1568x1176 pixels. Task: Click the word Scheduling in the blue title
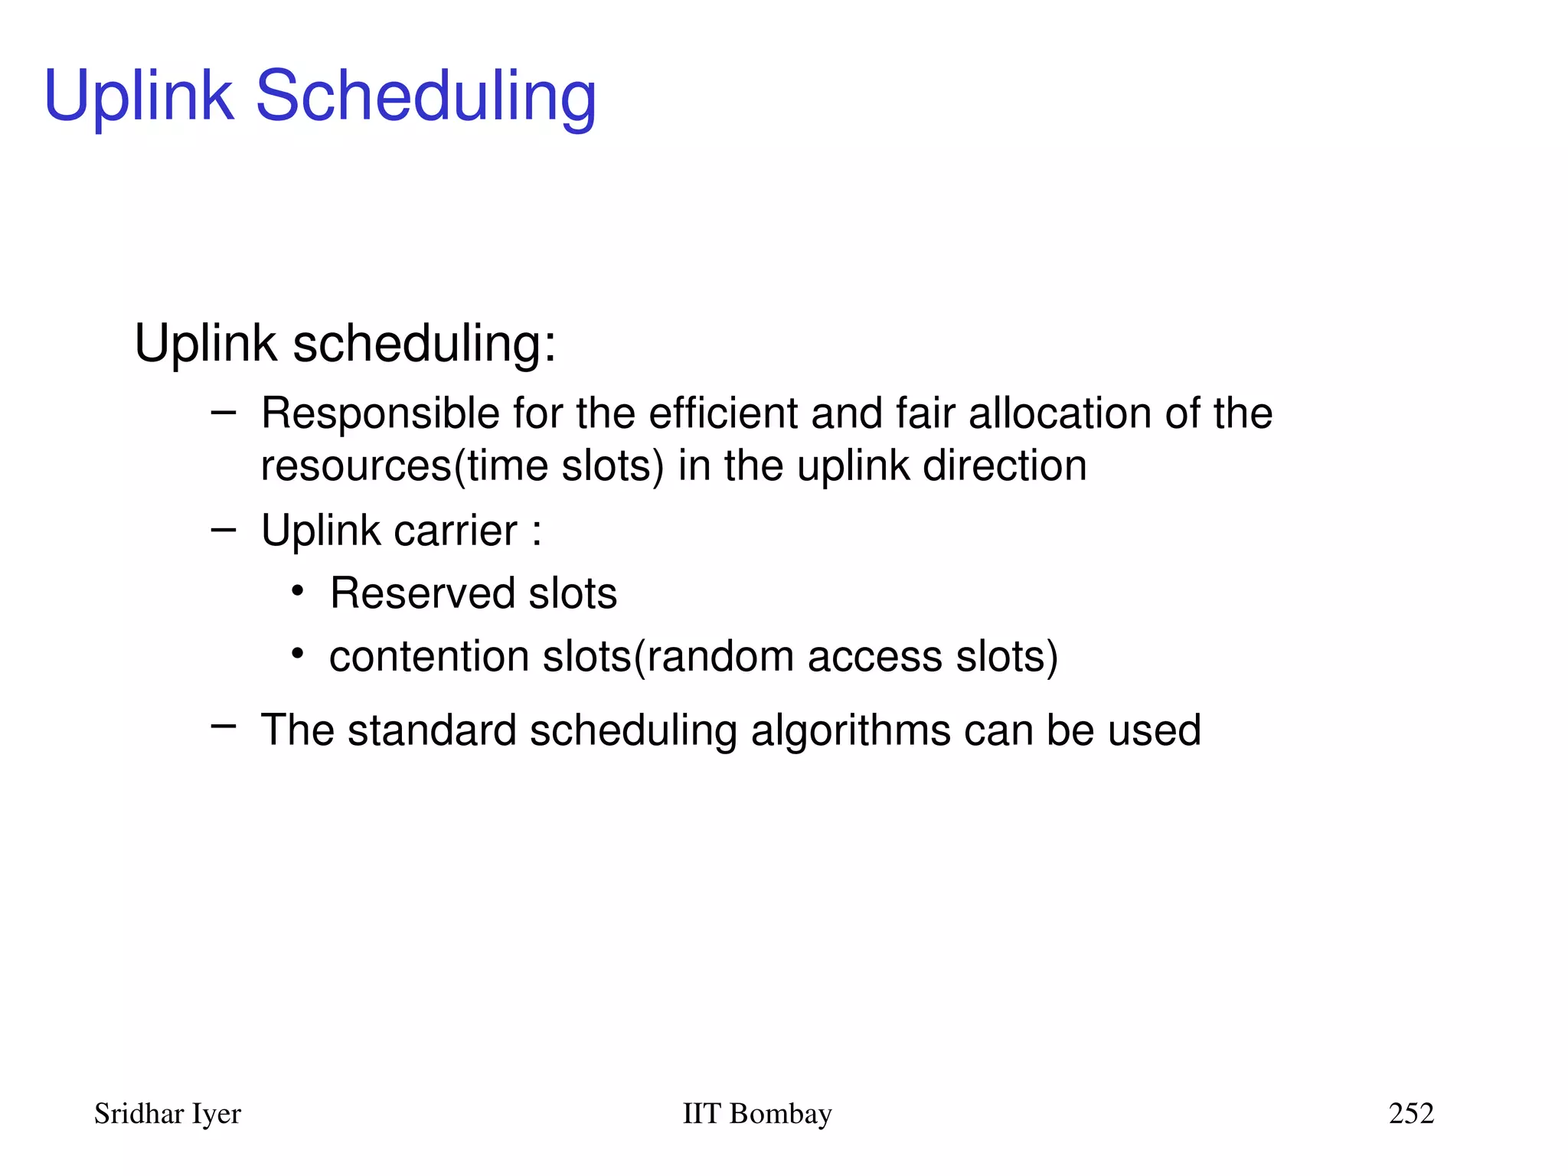[425, 96]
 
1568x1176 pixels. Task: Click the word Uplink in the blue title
[139, 96]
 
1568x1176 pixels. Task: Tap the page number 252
[1411, 1113]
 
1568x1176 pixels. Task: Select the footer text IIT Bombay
[756, 1113]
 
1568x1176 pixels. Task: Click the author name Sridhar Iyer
[167, 1113]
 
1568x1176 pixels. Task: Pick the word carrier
[455, 531]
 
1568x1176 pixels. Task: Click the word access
[874, 657]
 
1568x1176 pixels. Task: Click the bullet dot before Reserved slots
[298, 591]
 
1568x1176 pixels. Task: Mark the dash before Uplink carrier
[223, 529]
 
